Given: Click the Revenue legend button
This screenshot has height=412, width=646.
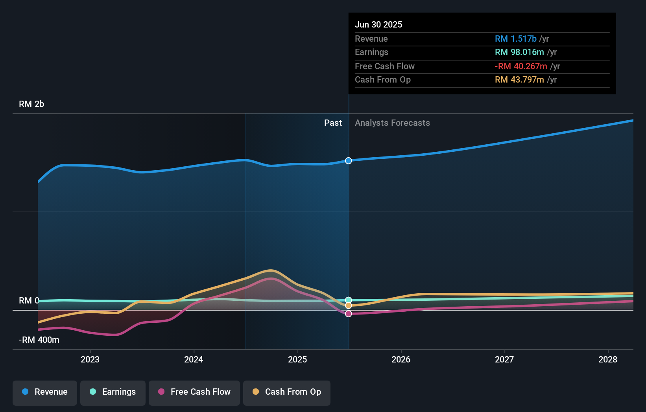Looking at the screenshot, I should (45, 392).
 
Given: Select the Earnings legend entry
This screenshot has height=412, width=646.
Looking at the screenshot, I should (113, 392).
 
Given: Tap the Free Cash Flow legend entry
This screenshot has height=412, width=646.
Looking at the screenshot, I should (194, 392).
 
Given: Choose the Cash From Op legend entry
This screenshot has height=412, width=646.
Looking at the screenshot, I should (287, 392).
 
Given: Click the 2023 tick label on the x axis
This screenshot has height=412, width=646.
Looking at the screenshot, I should (90, 360).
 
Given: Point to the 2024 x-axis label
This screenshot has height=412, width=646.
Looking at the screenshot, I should (194, 360).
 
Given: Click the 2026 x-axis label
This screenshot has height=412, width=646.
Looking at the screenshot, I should (401, 360).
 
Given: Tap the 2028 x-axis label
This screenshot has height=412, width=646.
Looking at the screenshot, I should (608, 360).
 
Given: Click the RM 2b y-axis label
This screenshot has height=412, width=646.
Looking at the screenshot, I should (31, 104).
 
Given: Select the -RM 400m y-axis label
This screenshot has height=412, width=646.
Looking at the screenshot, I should (39, 340).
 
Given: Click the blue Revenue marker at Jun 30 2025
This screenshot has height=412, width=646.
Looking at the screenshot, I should (349, 161).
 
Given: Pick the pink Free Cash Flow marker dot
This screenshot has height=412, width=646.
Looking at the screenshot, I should (349, 314).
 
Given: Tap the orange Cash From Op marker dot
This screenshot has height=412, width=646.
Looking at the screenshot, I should (349, 306).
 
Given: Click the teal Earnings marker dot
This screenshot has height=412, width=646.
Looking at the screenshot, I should (349, 300).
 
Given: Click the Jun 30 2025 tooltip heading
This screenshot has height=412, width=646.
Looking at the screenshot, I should (378, 25).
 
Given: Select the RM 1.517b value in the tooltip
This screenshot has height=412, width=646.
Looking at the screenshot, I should (515, 39).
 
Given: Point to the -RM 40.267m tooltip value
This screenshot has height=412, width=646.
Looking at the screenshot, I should (521, 66).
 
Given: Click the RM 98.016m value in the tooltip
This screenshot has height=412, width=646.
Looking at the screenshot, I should (519, 52).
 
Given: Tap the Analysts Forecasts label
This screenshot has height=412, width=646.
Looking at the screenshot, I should (392, 123).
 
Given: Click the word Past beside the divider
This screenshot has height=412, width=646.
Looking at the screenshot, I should (333, 123).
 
